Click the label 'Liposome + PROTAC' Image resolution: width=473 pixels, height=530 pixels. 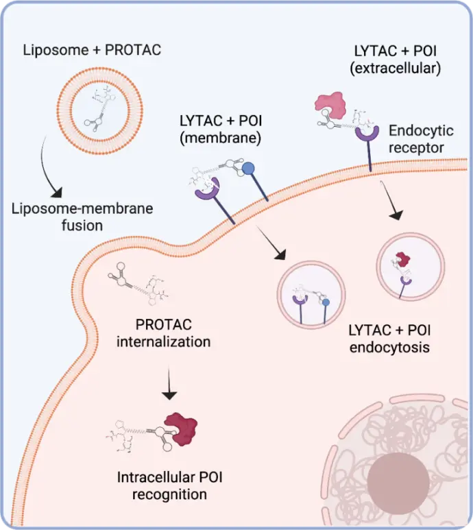coord(96,49)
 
